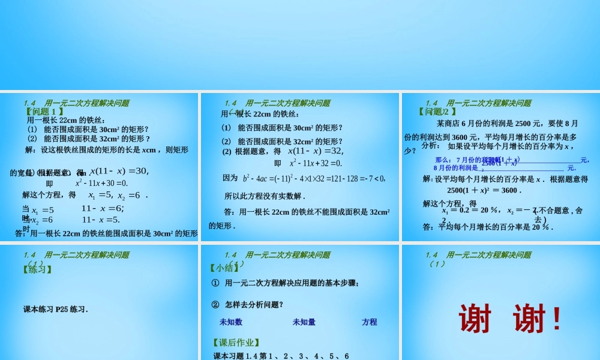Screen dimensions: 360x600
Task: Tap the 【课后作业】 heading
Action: click(x=236, y=343)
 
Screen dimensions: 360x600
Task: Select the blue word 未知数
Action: click(x=231, y=322)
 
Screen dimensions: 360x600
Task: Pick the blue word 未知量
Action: click(x=304, y=322)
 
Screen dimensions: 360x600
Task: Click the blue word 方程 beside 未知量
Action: click(x=370, y=322)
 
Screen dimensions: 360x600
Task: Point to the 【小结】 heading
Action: click(x=226, y=269)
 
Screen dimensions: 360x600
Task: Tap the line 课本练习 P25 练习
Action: click(x=56, y=310)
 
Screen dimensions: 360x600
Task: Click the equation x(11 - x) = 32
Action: click(x=316, y=151)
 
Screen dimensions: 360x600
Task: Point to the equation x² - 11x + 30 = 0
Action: click(x=102, y=183)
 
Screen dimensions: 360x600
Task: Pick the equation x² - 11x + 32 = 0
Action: click(x=316, y=163)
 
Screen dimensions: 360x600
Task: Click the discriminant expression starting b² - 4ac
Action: click(x=314, y=178)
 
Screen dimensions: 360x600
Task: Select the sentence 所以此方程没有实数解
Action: click(x=265, y=196)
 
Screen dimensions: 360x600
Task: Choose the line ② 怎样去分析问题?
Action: click(x=247, y=304)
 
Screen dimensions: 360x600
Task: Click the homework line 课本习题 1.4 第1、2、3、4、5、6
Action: click(x=281, y=356)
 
